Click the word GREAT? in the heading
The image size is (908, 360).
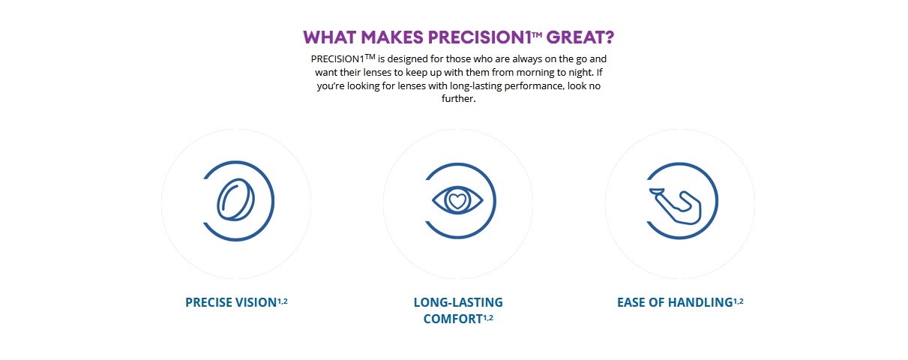pyautogui.click(x=580, y=37)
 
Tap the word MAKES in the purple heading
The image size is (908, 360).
pyautogui.click(x=392, y=37)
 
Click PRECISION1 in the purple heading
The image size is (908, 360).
pyautogui.click(x=480, y=37)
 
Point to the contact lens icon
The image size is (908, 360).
pyautogui.click(x=236, y=199)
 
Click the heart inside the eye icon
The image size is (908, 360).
pyautogui.click(x=457, y=201)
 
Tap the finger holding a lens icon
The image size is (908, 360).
pyautogui.click(x=675, y=206)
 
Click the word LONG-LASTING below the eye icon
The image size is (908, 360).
pyautogui.click(x=458, y=302)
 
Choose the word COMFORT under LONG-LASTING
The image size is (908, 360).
pyautogui.click(x=453, y=319)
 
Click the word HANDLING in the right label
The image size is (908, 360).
pyautogui.click(x=700, y=302)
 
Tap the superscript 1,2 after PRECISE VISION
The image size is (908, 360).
pyautogui.click(x=283, y=301)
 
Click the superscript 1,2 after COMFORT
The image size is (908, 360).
pyautogui.click(x=488, y=318)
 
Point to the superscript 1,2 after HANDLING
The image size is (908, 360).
pyautogui.click(x=739, y=301)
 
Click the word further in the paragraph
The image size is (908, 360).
pyautogui.click(x=457, y=98)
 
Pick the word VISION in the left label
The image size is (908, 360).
pyautogui.click(x=256, y=302)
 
